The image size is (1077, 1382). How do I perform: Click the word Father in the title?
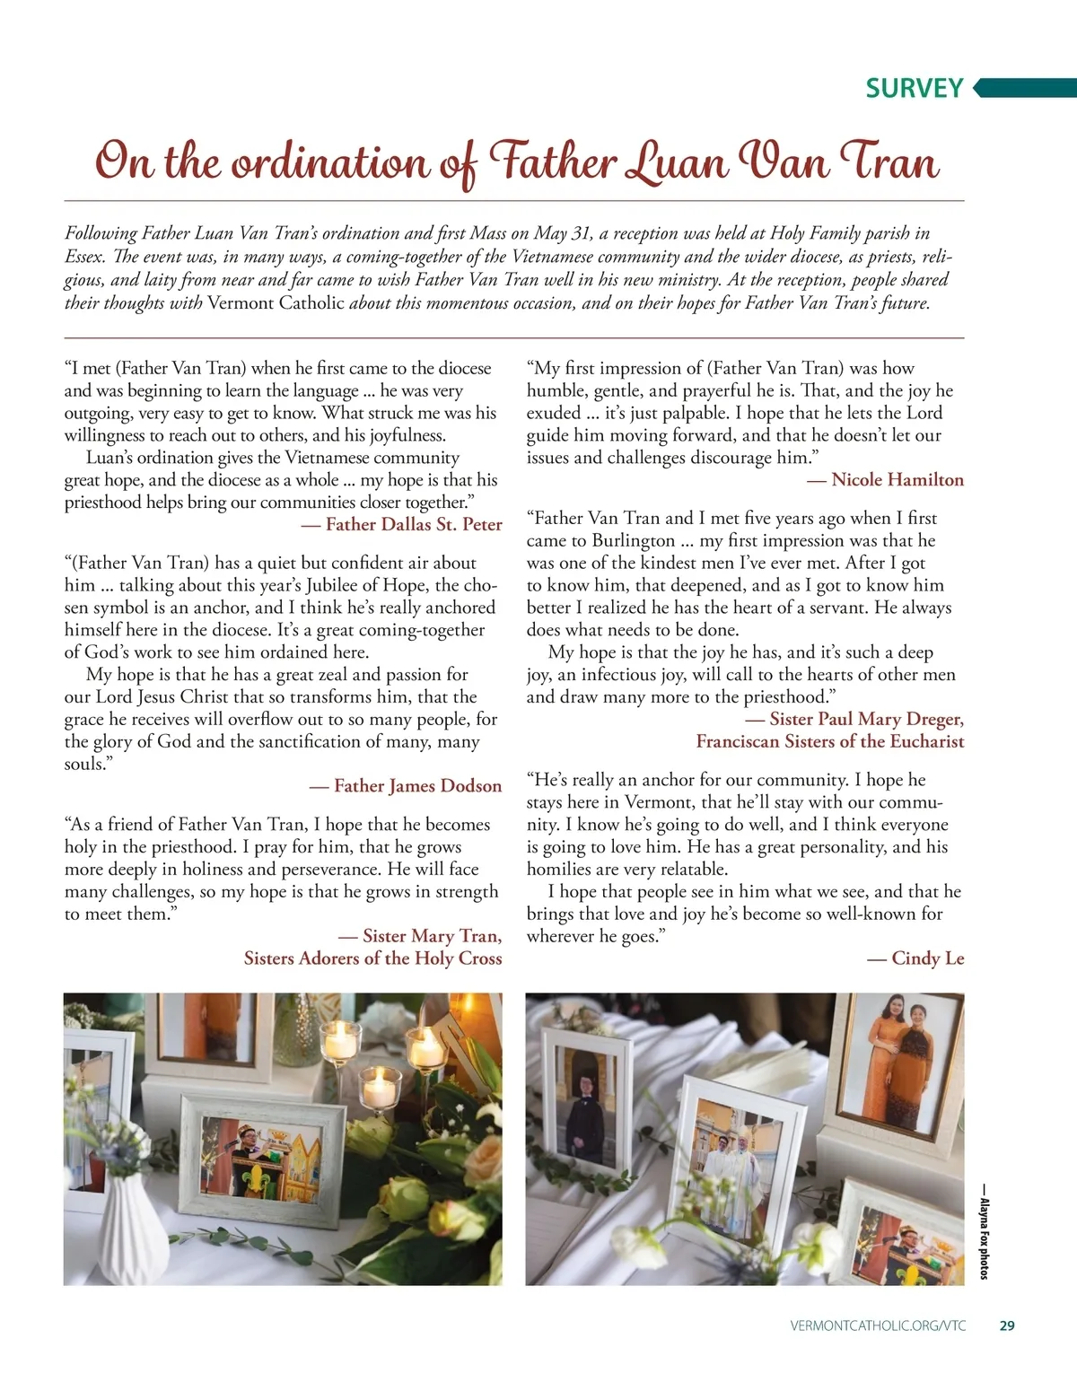(553, 162)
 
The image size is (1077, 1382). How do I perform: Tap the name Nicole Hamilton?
(897, 480)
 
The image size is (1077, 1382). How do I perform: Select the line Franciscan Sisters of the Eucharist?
(829, 741)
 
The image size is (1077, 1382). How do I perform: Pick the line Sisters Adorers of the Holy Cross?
(372, 958)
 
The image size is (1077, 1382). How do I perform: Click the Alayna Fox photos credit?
(984, 1238)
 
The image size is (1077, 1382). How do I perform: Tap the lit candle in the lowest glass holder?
(379, 1090)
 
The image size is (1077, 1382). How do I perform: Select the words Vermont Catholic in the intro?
(276, 303)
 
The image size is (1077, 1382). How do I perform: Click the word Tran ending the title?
(889, 162)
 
